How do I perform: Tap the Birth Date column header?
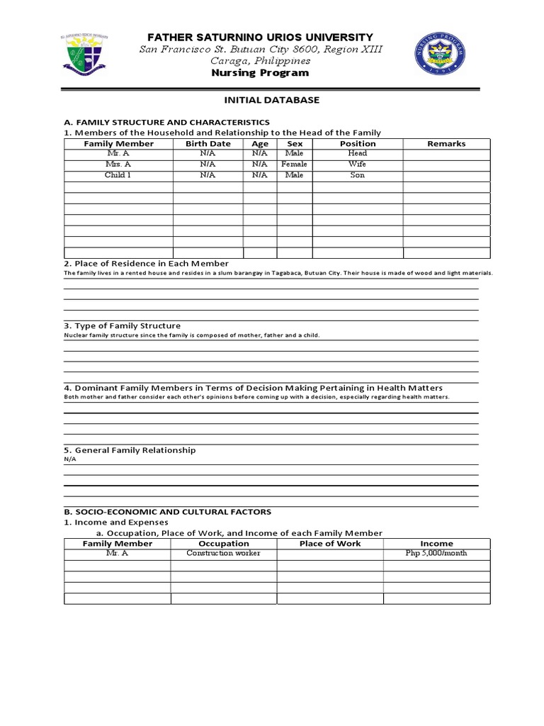coord(208,143)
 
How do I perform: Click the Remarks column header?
coord(446,143)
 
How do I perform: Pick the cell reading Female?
coord(294,164)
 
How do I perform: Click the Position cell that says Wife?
coord(357,164)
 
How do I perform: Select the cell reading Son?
coord(357,174)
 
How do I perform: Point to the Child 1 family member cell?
coord(118,174)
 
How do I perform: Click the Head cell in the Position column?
coord(357,153)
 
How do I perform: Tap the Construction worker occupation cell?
coord(223,553)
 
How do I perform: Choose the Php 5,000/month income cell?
coord(436,553)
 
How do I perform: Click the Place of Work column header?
coord(329,543)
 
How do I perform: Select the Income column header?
coord(436,543)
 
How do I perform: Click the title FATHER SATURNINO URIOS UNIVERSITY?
coord(260,37)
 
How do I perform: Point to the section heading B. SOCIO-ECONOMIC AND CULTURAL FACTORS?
coord(167,511)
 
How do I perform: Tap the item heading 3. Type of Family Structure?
coord(122,325)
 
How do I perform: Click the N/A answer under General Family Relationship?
coord(69,459)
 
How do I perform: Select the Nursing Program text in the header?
coord(260,73)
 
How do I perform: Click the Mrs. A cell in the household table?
coord(118,164)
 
